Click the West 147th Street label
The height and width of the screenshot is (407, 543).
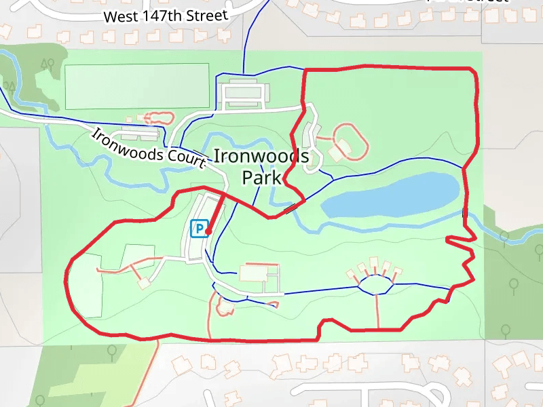[166, 16]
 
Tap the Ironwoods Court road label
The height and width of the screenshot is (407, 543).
[149, 149]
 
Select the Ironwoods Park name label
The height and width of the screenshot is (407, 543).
[261, 167]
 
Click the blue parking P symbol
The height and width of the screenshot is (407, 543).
[199, 229]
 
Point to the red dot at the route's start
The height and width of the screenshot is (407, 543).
[208, 232]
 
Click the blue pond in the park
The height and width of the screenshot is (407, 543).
[390, 197]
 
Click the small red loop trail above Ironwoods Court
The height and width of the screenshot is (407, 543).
[158, 117]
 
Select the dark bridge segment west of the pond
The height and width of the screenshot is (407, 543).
[291, 208]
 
